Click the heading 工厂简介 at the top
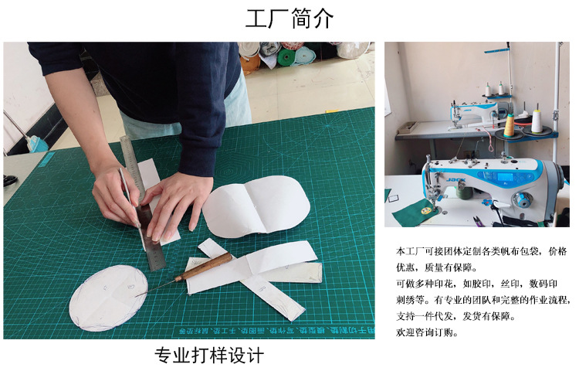click(x=289, y=19)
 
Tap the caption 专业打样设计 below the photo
click(x=209, y=356)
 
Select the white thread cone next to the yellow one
click(x=536, y=121)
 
